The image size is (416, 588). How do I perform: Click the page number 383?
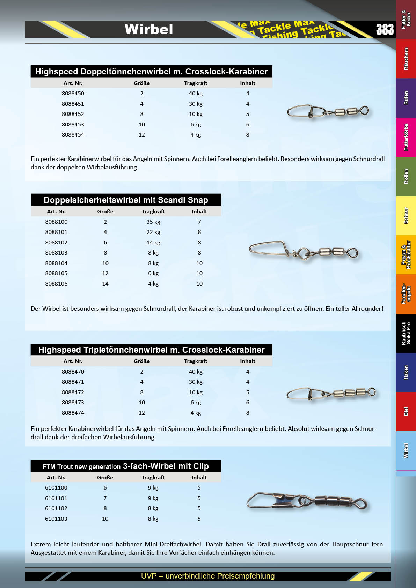click(x=385, y=30)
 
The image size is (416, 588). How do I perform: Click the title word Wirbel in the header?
click(x=149, y=29)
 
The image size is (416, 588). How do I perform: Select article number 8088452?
click(x=73, y=114)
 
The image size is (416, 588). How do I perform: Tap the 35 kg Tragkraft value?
click(x=153, y=222)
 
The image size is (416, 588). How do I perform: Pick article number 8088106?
click(x=56, y=284)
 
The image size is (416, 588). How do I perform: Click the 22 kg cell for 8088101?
click(x=153, y=232)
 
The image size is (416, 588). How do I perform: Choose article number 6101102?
click(x=56, y=508)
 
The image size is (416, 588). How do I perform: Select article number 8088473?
click(x=73, y=403)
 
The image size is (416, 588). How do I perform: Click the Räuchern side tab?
click(x=406, y=59)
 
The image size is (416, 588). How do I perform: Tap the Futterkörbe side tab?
click(x=406, y=137)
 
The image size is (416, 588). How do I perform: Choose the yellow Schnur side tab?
click(x=406, y=215)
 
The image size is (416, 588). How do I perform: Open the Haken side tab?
click(x=406, y=372)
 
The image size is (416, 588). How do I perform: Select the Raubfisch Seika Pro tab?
click(x=406, y=333)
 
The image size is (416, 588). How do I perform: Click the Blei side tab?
click(x=406, y=411)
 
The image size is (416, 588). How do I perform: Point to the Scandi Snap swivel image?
click(x=303, y=250)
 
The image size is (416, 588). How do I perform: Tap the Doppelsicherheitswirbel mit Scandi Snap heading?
click(x=126, y=200)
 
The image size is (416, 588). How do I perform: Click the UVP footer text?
click(x=207, y=576)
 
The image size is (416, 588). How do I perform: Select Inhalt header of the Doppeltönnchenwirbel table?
click(x=247, y=83)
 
